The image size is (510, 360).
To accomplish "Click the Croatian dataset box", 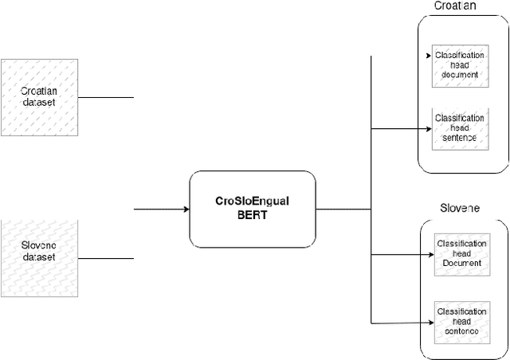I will (x=39, y=96).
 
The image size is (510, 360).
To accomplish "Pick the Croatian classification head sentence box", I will (x=459, y=127).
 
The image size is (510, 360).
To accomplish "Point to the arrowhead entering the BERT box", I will (x=186, y=209).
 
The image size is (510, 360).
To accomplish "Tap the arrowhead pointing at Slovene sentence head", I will (x=430, y=321).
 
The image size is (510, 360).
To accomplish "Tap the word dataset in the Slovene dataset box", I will (x=39, y=257).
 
